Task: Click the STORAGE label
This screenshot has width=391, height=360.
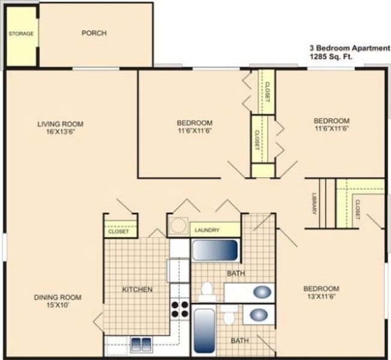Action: pyautogui.click(x=20, y=34)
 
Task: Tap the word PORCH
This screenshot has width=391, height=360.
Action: pyautogui.click(x=94, y=33)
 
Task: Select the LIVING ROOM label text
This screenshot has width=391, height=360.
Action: pyautogui.click(x=60, y=124)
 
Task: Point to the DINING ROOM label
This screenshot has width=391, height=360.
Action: pyautogui.click(x=57, y=297)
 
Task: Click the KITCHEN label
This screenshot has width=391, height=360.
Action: pyautogui.click(x=137, y=290)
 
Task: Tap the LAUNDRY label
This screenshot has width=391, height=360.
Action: pyautogui.click(x=207, y=230)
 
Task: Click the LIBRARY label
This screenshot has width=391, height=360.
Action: pyautogui.click(x=314, y=204)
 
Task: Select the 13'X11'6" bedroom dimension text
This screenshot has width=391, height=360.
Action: pyautogui.click(x=321, y=296)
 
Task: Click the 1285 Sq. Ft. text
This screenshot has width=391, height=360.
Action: pyautogui.click(x=331, y=57)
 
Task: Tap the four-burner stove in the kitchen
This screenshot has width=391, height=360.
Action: pyautogui.click(x=179, y=308)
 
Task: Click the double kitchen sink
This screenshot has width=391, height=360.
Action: pyautogui.click(x=141, y=344)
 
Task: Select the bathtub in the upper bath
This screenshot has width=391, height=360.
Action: pyautogui.click(x=215, y=249)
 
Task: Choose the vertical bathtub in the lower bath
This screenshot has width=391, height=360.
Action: pyautogui.click(x=204, y=331)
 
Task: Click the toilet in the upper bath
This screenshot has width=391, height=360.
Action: pyautogui.click(x=207, y=290)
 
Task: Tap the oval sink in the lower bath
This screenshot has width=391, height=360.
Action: pyautogui.click(x=259, y=315)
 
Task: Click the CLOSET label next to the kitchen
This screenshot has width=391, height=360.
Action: pyautogui.click(x=119, y=231)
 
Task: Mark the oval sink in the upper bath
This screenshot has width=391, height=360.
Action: pyautogui.click(x=262, y=293)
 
